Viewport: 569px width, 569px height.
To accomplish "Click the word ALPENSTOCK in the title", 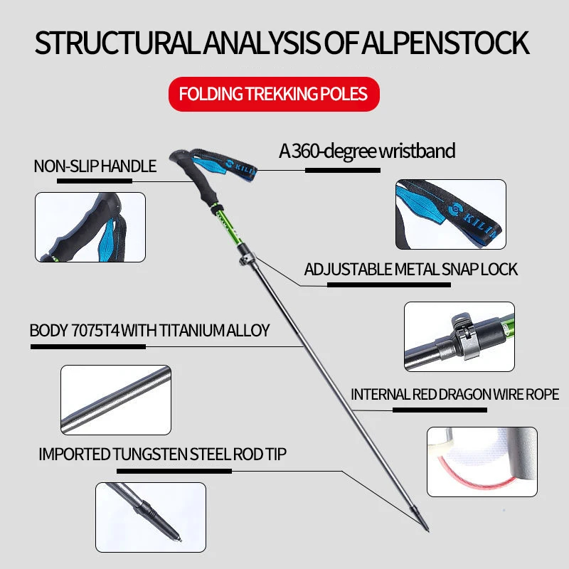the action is coord(446,43).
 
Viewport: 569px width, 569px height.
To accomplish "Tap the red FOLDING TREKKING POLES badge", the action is coord(274,94).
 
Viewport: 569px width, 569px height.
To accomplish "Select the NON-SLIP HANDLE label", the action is coord(95,166).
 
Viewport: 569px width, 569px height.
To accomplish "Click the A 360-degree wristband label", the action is coord(367,151).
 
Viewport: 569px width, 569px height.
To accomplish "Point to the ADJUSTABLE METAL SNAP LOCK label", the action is coord(411,270).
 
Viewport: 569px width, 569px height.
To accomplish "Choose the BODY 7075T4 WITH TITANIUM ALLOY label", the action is coord(149,330).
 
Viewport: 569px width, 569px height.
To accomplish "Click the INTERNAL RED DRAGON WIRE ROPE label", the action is coord(454,395).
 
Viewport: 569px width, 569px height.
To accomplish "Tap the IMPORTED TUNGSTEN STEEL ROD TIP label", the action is coord(163,454).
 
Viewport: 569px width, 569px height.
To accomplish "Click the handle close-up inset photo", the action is coord(90,227).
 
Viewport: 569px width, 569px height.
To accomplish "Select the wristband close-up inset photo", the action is coord(451,214).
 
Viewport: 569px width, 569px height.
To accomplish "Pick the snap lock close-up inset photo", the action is coord(459,336).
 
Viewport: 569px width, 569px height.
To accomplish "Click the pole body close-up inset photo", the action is coord(116,400).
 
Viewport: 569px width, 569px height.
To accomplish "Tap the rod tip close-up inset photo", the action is coord(151,517).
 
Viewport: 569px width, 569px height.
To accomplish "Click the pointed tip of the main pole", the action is coord(428,531).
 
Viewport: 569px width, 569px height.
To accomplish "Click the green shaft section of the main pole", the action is coord(227,225).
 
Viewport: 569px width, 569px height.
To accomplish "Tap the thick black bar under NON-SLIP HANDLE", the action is coord(95,181).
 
